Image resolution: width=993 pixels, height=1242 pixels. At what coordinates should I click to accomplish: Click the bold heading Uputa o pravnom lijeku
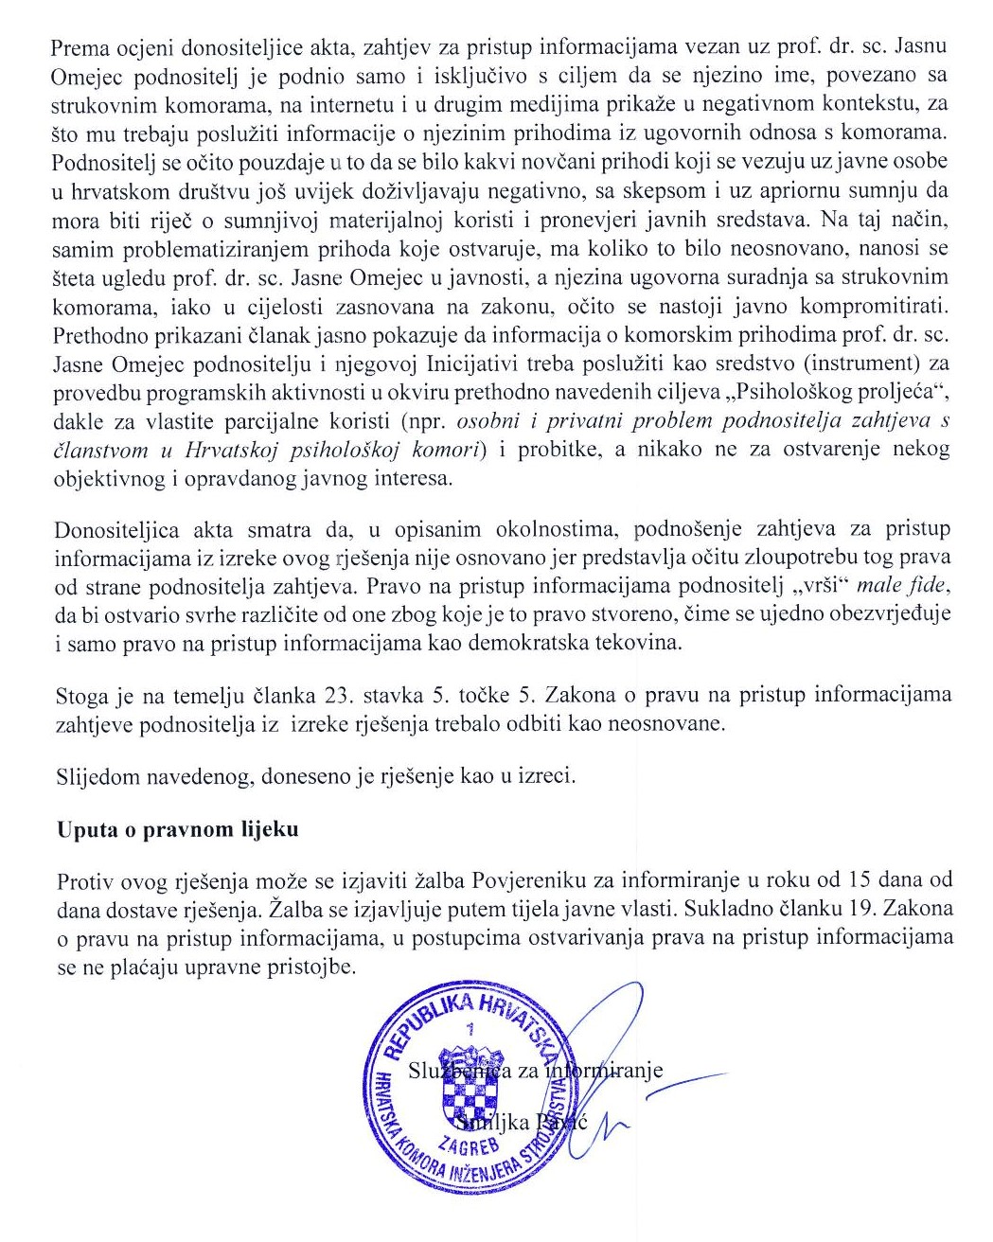pyautogui.click(x=177, y=830)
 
